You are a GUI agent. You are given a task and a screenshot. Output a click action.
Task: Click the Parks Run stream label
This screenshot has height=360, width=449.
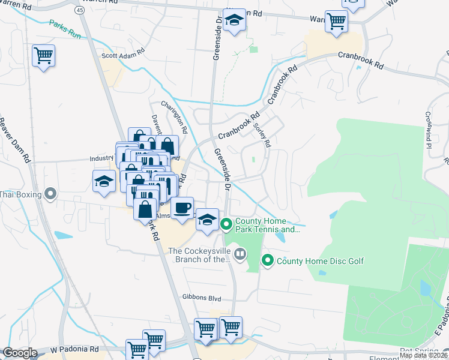[65, 27]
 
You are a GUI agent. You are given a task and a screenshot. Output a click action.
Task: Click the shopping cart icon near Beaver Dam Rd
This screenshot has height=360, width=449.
[44, 56]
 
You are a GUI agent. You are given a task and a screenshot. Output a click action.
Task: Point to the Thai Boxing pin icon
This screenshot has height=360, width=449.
[50, 194]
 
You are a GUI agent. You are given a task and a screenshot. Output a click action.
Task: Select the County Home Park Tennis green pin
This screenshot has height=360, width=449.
[226, 225]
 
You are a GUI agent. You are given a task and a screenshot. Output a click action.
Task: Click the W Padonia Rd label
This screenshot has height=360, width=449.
[74, 349]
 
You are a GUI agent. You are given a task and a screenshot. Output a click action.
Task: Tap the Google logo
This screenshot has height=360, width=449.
[20, 353]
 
